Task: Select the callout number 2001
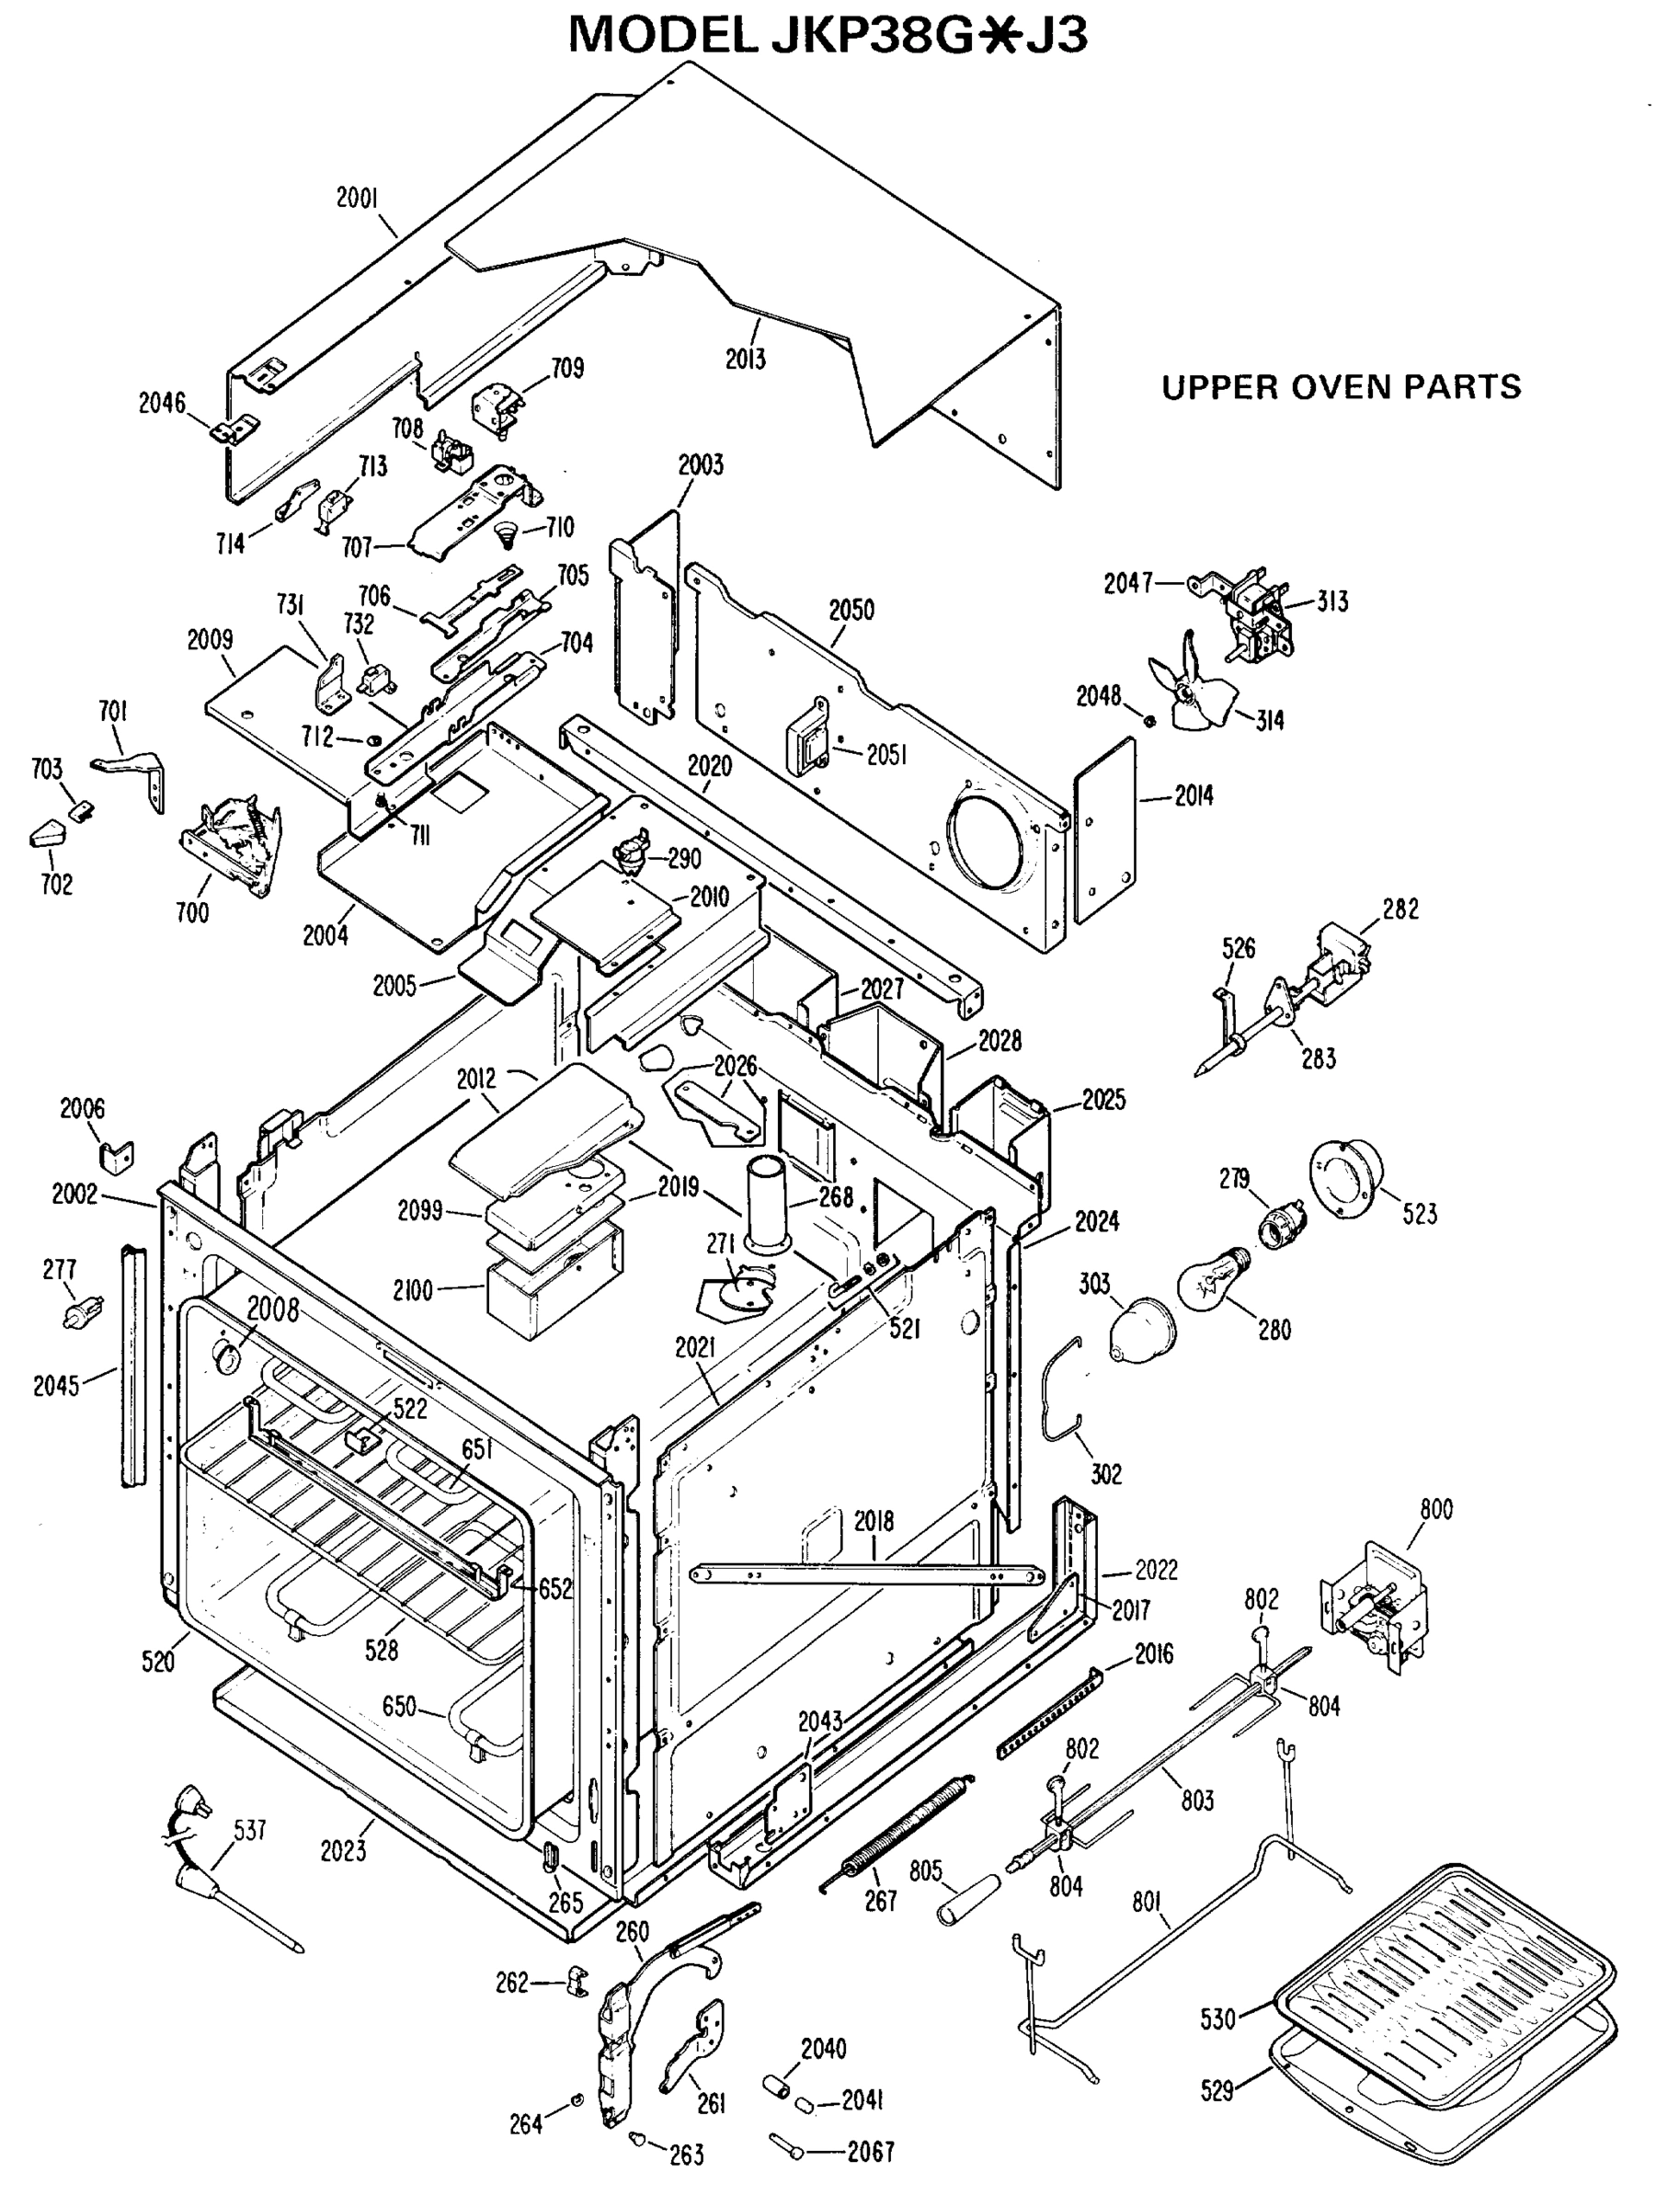pos(356,198)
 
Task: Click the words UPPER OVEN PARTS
pos(1341,387)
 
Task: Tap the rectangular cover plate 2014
pos(1105,830)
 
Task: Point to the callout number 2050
pos(851,611)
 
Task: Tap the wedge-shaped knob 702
pos(47,833)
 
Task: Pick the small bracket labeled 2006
pos(116,1157)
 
